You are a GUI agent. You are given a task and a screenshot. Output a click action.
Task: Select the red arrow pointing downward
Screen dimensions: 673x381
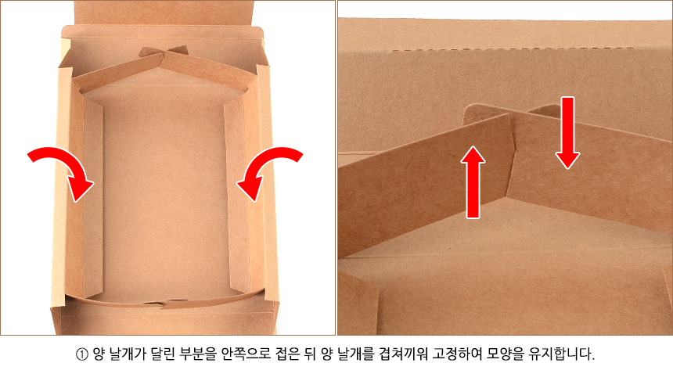coord(568,133)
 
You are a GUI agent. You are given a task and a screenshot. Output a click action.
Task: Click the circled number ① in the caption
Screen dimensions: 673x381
coord(81,355)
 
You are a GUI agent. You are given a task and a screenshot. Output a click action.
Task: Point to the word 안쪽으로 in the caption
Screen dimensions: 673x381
coord(246,354)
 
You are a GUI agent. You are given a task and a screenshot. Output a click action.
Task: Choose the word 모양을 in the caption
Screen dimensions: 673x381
coord(506,354)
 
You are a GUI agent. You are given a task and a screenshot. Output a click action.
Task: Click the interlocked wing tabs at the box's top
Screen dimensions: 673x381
coord(163,54)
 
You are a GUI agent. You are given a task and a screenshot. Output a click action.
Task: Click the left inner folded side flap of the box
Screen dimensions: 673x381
coord(92,197)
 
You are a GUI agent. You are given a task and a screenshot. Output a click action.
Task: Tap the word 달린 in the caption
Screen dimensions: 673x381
coord(162,354)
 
